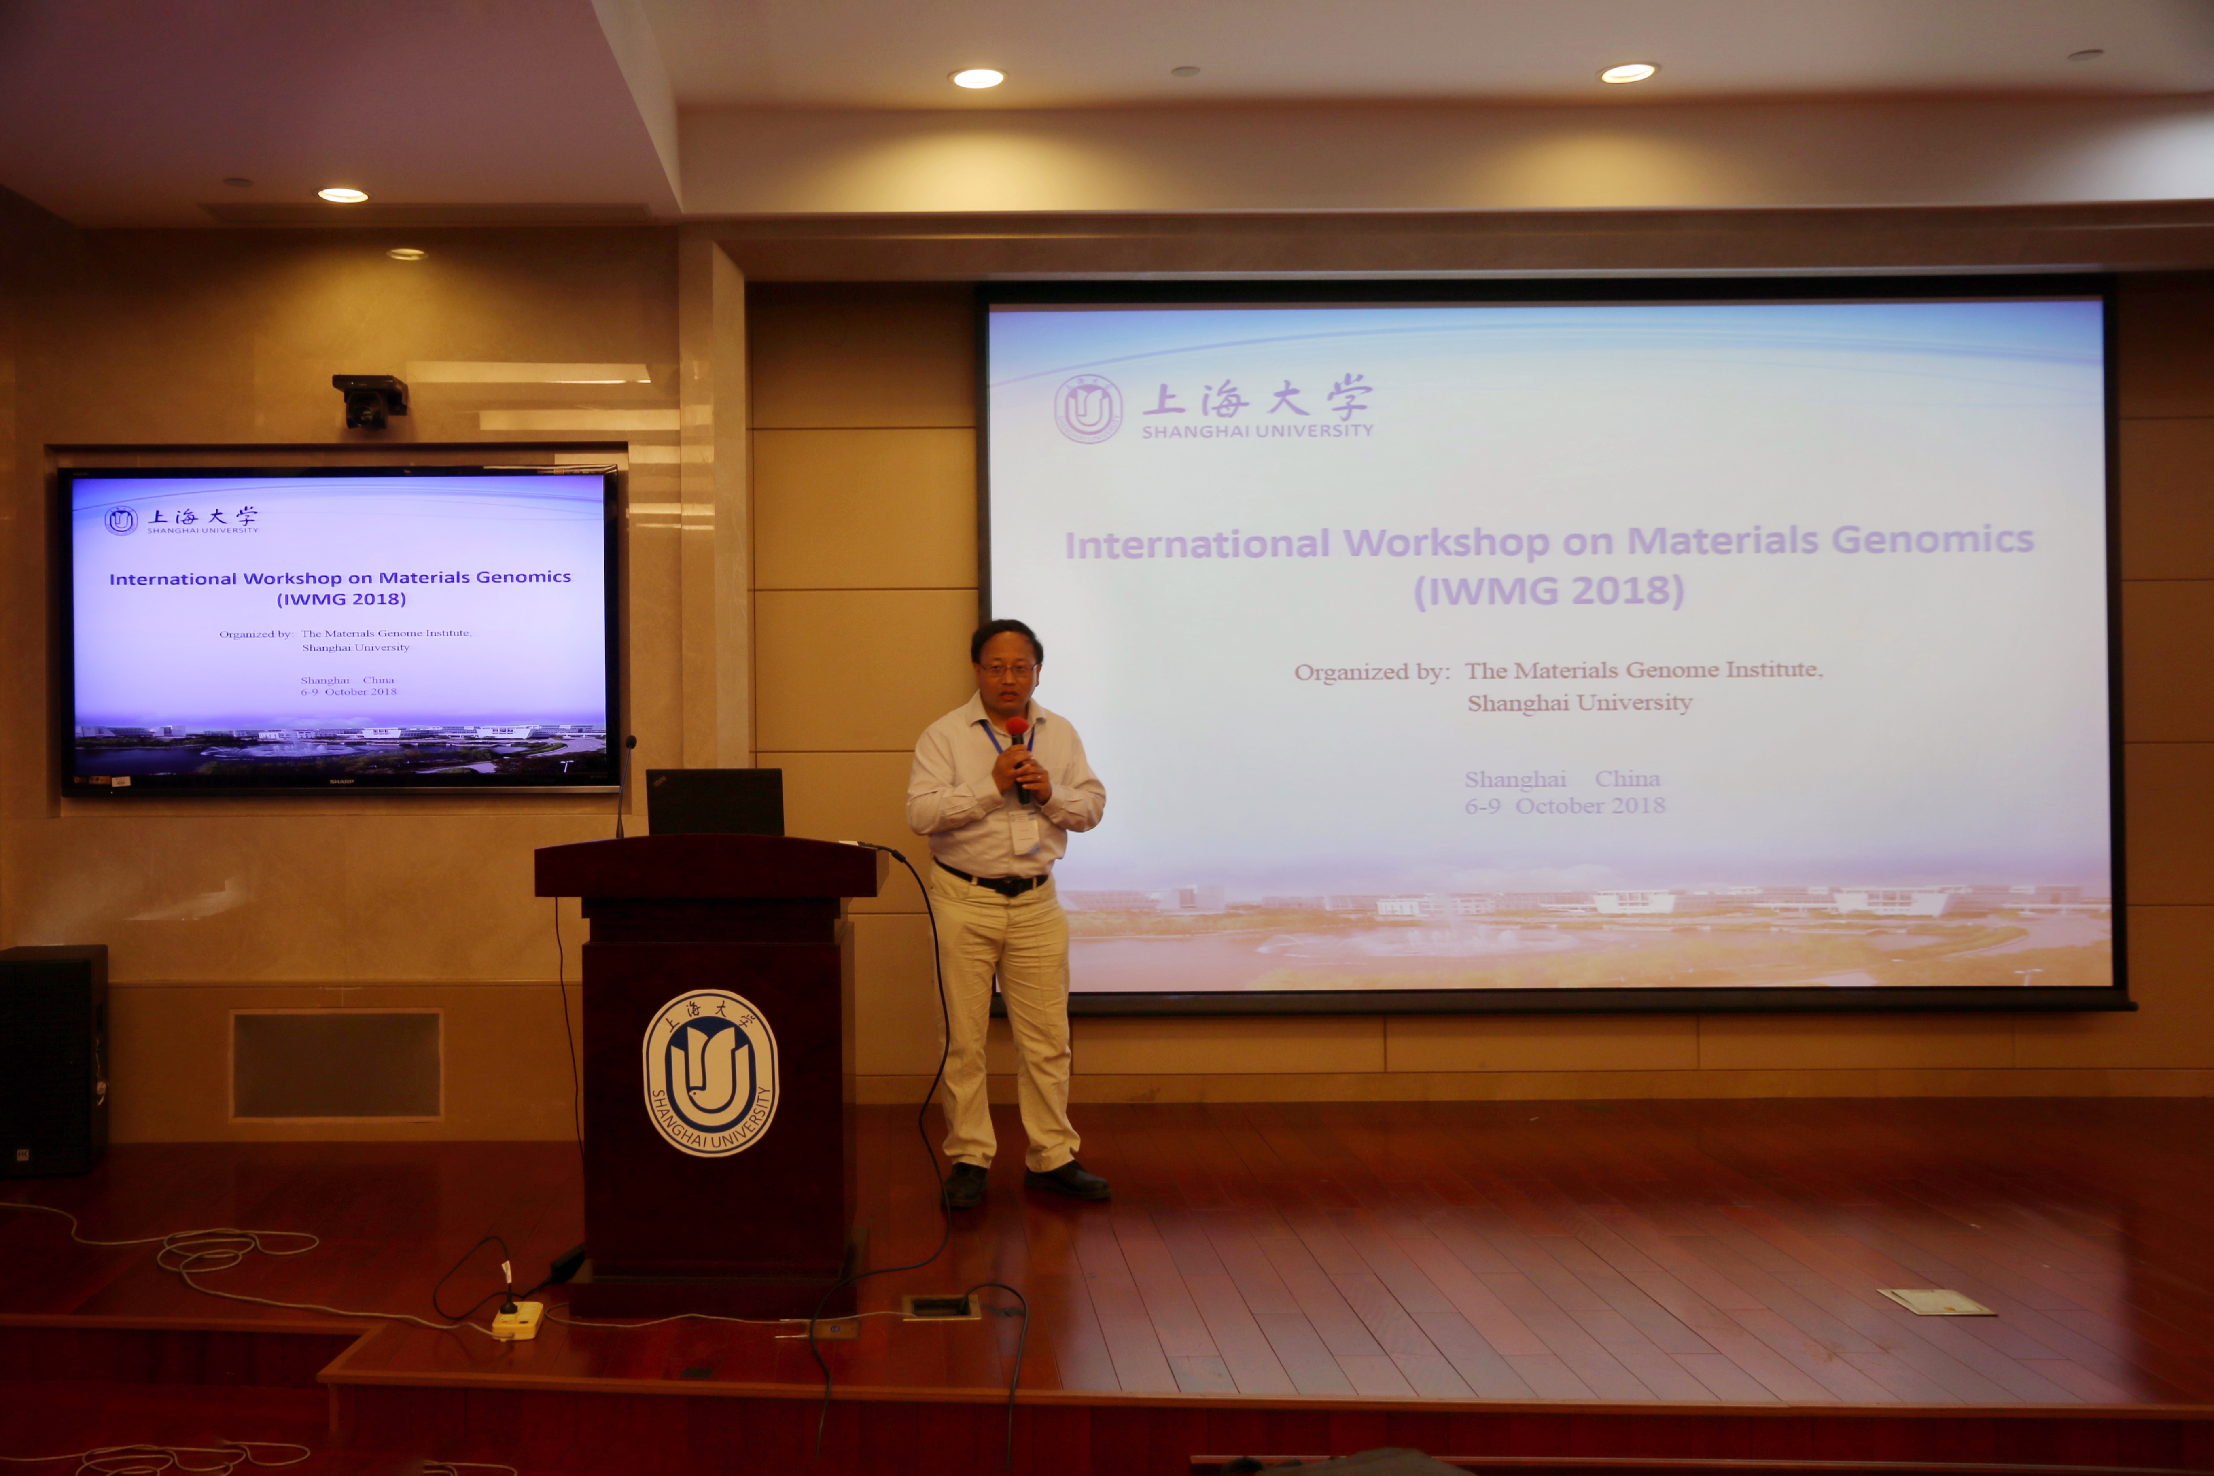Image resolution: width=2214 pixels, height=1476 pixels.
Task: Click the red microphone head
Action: point(1017,727)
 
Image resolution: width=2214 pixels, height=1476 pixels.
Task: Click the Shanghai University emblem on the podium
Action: point(711,1073)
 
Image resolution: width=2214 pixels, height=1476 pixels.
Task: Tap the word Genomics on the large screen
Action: point(1932,539)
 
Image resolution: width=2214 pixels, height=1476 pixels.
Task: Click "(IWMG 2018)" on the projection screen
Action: point(1548,590)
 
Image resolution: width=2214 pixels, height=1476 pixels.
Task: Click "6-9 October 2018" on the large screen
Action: point(1565,806)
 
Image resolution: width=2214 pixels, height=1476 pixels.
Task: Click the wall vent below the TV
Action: point(336,1065)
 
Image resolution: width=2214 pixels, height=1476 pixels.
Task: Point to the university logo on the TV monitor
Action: point(121,521)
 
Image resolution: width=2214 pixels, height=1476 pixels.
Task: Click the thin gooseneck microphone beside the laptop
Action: point(623,786)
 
